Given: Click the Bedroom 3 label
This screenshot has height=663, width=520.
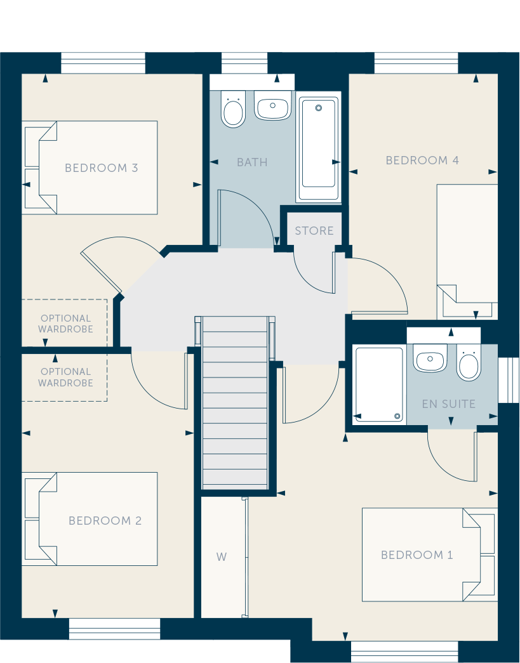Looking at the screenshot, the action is tap(101, 168).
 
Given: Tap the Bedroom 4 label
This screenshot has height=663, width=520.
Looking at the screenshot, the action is tap(422, 161).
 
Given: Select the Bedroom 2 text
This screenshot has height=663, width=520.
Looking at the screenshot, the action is tap(105, 520).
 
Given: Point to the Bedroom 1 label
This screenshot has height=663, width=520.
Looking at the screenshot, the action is tap(417, 555).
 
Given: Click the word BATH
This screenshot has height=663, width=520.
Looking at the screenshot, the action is tap(252, 162).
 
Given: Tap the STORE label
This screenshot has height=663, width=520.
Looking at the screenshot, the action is tap(314, 231).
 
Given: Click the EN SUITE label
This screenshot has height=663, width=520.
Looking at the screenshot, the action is tap(449, 404).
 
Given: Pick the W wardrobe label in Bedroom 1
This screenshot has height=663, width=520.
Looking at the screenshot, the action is tap(222, 557).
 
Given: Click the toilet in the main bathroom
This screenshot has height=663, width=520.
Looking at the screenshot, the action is tap(234, 108).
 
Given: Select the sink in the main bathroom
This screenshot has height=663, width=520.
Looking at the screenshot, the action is tap(273, 105).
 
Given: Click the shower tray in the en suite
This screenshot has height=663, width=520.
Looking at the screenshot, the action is tap(379, 384).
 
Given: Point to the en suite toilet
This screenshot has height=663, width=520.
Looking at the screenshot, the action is tap(469, 362).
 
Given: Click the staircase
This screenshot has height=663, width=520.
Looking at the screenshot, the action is tap(235, 402).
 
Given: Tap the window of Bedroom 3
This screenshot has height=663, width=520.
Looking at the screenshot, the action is tap(103, 63).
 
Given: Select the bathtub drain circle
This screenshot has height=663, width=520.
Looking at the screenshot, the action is tap(319, 108).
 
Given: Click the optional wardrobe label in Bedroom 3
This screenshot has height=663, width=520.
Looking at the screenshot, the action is tap(65, 324).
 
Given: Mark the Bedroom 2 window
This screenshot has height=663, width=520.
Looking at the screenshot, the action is tap(115, 629).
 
